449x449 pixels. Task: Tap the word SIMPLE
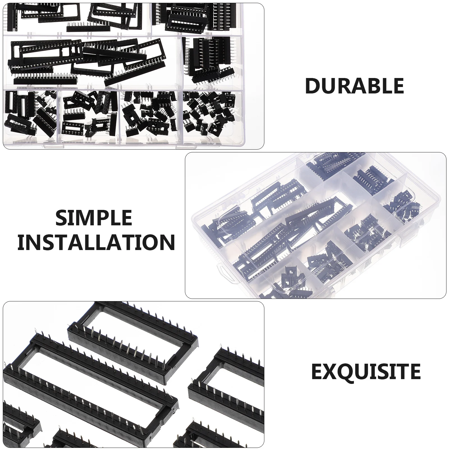[x=94, y=218]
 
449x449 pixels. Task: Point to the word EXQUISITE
[x=366, y=371]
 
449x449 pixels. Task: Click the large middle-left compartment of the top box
[x=93, y=62]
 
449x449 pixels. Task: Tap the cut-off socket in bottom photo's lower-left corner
[x=20, y=427]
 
